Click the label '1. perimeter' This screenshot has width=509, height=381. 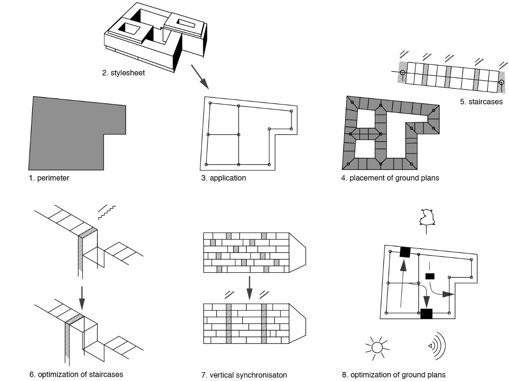49,178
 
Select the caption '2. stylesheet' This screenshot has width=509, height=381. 123,73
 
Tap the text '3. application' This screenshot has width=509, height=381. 223,178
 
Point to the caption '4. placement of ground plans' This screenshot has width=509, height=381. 390,178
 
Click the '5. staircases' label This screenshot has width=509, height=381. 481,102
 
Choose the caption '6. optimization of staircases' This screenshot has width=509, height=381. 76,374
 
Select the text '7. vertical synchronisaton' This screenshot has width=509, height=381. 244,375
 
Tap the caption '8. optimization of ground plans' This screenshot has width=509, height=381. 393,375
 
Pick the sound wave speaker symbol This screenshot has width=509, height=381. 437,346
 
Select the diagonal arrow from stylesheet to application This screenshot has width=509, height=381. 199,77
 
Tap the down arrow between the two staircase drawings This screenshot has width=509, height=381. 81,298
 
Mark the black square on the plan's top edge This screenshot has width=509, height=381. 404,252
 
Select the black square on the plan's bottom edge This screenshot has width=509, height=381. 426,314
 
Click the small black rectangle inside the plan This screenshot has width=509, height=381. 430,276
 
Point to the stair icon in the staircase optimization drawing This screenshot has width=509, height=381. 106,212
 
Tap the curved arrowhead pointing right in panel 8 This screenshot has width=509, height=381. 449,294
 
